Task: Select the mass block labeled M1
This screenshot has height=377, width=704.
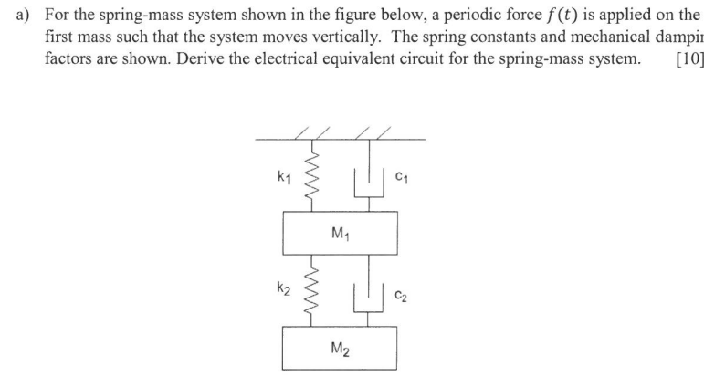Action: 341,233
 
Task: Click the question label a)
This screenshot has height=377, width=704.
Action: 17,16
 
